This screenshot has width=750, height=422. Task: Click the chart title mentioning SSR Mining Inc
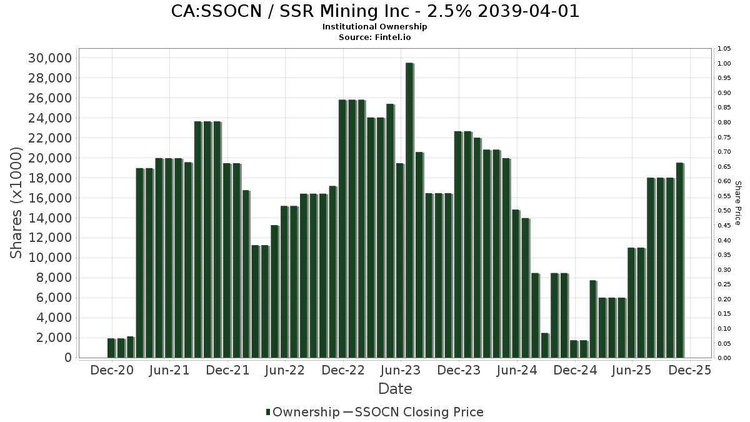(375, 11)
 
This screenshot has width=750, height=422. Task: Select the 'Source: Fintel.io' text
(375, 38)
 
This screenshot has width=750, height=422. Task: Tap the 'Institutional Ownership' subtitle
(375, 27)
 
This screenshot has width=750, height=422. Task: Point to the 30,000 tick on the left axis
(50, 58)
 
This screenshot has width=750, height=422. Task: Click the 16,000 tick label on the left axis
(50, 198)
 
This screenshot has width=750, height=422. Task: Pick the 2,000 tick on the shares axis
(54, 338)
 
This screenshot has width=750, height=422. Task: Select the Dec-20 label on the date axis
(112, 371)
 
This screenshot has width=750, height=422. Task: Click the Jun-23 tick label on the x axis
(401, 371)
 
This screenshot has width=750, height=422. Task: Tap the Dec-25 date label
(689, 371)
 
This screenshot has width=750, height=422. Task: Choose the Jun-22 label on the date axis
(286, 371)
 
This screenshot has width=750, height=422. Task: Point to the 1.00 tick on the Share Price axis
(724, 64)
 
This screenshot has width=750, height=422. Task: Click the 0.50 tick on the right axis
(724, 211)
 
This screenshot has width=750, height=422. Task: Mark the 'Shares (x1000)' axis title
(17, 203)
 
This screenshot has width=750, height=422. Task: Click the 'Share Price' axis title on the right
(737, 203)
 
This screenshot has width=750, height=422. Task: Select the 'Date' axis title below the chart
(395, 389)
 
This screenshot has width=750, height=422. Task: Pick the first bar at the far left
(111, 348)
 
